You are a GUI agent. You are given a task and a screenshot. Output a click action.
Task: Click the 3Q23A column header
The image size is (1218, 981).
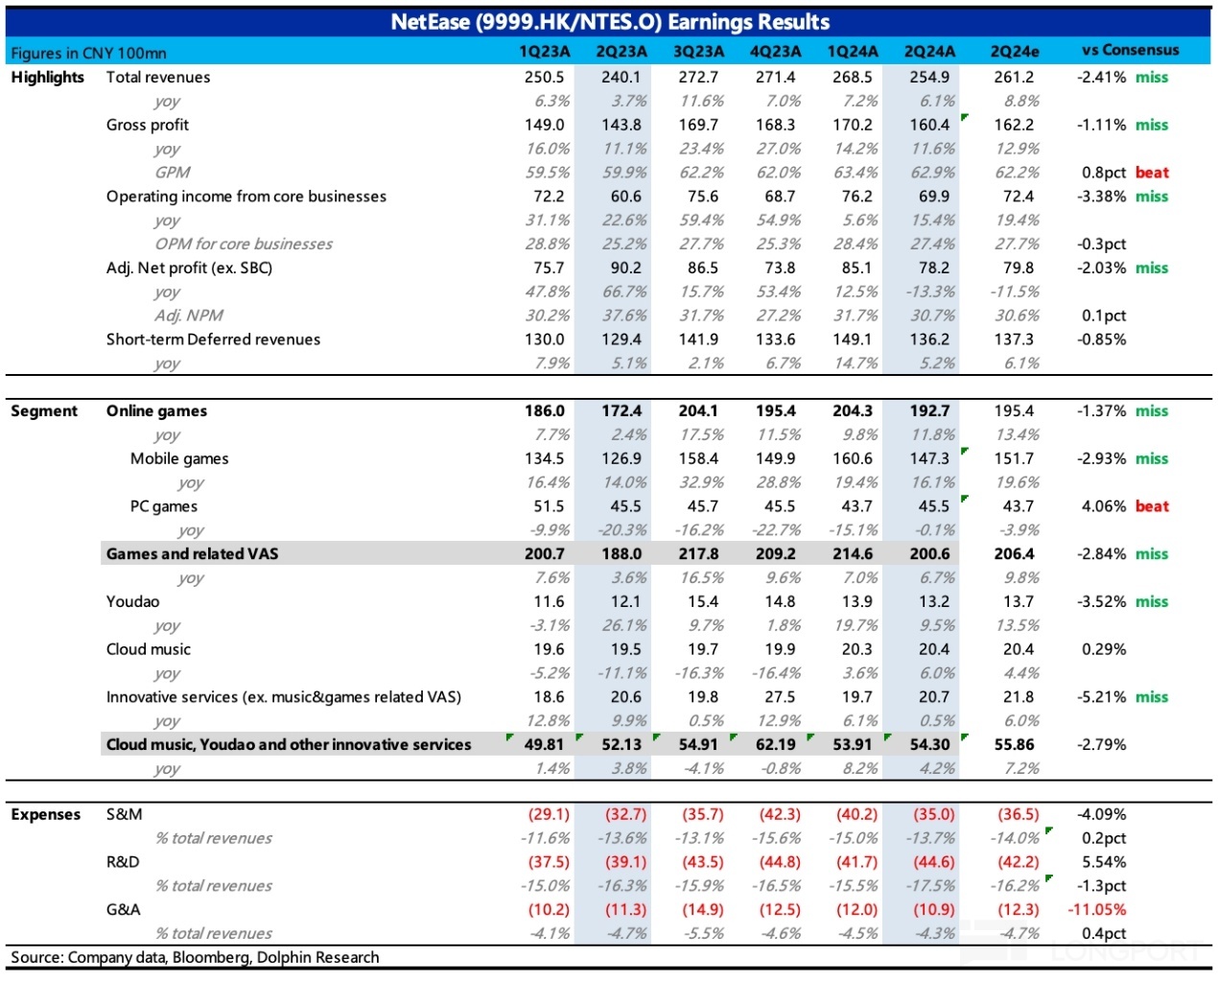click(x=698, y=52)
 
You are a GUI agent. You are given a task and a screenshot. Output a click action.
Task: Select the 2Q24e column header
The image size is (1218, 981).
click(x=1015, y=52)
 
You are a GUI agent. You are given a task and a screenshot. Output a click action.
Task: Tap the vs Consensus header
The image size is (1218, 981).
click(x=1131, y=50)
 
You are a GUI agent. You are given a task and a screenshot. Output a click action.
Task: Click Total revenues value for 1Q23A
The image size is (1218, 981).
click(x=544, y=77)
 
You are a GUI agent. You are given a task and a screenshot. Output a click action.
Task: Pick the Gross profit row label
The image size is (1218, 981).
click(x=147, y=125)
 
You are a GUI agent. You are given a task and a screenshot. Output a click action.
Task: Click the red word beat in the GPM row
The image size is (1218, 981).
click(x=1152, y=172)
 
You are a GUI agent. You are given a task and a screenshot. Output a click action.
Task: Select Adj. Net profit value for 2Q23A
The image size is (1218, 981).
click(x=625, y=268)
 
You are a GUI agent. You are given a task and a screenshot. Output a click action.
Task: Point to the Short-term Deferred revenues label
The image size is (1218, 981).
click(x=213, y=339)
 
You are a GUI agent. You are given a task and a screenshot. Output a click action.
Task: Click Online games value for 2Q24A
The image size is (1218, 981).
click(x=929, y=410)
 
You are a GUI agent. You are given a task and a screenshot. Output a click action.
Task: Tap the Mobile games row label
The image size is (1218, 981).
click(x=178, y=458)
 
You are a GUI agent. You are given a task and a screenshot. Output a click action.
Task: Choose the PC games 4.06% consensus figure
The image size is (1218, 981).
click(x=1104, y=506)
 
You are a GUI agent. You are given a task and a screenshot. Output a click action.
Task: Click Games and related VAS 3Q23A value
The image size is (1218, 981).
click(x=698, y=553)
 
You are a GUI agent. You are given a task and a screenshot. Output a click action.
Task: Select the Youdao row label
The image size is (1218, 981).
click(x=132, y=601)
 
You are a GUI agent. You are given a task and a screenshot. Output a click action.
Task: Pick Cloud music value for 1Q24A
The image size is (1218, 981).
click(x=856, y=648)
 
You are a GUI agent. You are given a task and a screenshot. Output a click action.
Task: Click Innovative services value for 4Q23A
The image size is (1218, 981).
click(x=780, y=697)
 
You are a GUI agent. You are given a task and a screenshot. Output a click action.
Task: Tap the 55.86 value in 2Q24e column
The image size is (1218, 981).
click(x=1014, y=744)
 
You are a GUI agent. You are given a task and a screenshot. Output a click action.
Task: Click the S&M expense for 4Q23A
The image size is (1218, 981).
click(x=780, y=814)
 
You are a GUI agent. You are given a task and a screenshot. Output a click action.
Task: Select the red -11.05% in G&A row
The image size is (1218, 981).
click(x=1097, y=910)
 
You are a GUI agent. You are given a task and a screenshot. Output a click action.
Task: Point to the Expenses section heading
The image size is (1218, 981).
click(x=45, y=814)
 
